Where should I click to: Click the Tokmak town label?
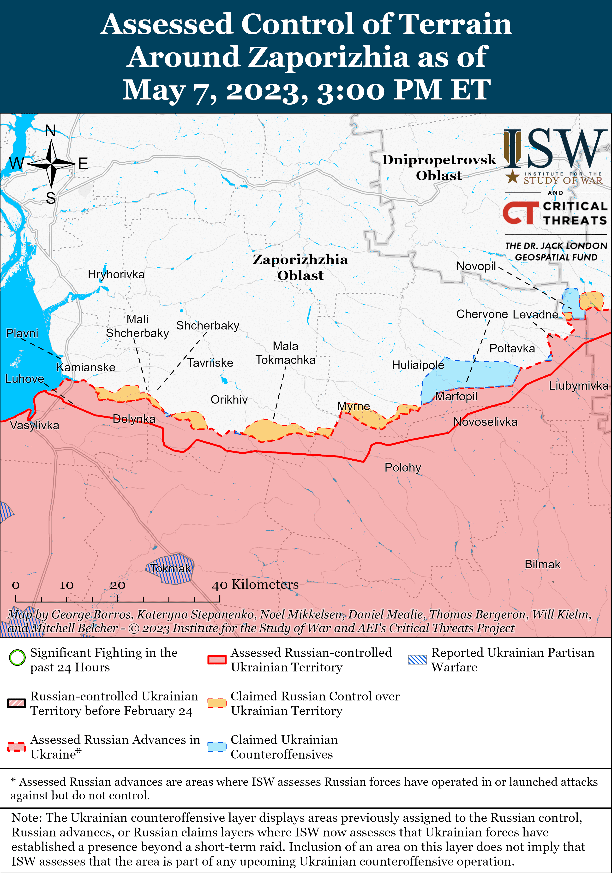click(170, 568)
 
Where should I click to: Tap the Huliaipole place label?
click(418, 365)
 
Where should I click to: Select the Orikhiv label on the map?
click(229, 400)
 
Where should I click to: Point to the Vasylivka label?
click(34, 425)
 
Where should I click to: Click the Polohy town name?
click(403, 467)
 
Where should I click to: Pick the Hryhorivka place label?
click(116, 274)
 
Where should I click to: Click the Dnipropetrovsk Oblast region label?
click(439, 167)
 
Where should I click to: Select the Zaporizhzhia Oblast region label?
click(300, 267)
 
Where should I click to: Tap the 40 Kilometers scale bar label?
click(255, 584)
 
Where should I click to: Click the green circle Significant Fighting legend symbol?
click(17, 658)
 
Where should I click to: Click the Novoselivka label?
click(485, 422)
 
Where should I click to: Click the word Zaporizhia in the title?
click(329, 57)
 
